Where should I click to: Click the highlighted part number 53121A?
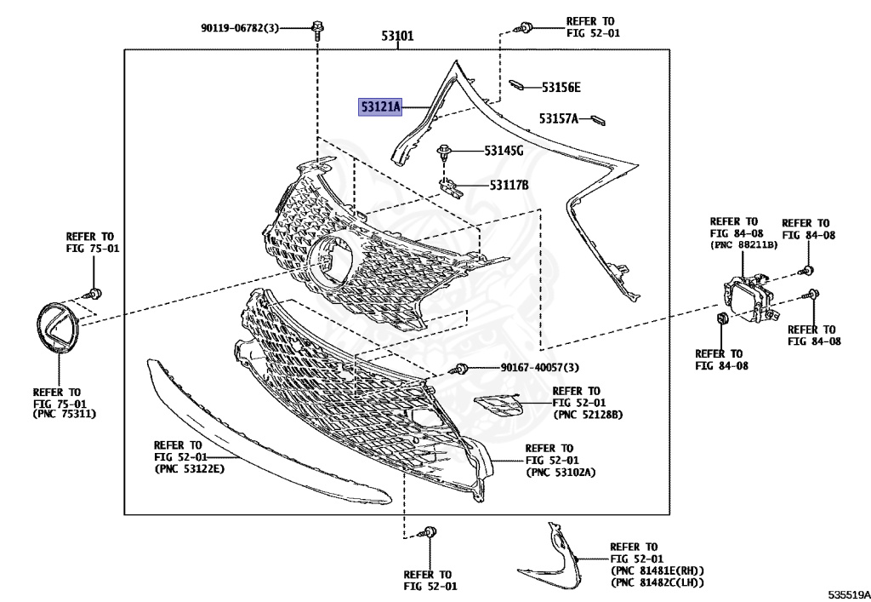(379, 107)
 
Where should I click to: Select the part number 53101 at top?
(397, 37)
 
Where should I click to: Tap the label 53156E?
(561, 87)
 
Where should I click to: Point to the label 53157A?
(558, 118)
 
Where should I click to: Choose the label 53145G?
(504, 151)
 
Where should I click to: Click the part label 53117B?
(509, 185)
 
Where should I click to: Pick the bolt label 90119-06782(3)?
(240, 28)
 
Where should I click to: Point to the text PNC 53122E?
(189, 469)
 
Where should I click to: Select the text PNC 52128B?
(589, 415)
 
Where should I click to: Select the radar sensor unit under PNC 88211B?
(746, 297)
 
